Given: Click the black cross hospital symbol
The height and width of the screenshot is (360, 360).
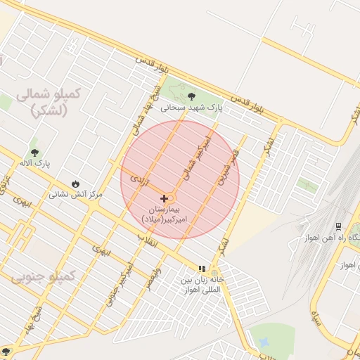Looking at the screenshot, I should click(x=164, y=199).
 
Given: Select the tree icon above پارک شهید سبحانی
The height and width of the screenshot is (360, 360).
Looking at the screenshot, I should click(x=191, y=96).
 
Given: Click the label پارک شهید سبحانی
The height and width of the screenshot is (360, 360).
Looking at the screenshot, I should click(x=191, y=108).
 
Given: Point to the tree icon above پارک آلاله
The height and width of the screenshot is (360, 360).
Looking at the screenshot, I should click(x=34, y=153).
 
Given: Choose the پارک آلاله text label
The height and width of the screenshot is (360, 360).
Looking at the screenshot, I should click(x=35, y=164).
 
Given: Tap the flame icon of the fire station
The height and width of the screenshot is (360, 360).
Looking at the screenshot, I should click(x=75, y=184).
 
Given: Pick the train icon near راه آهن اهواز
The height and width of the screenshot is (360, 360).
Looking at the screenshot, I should click(x=339, y=226).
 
